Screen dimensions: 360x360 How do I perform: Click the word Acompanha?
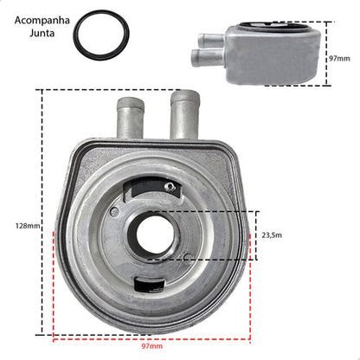click(42, 21)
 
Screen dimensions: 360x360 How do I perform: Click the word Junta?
click(42, 33)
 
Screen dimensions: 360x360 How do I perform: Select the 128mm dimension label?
click(28, 226)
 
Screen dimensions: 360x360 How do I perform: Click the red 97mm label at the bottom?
click(151, 346)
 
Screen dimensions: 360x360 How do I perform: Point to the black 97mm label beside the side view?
click(339, 59)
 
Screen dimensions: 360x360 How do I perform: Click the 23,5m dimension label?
click(272, 235)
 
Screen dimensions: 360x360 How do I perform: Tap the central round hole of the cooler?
click(155, 235)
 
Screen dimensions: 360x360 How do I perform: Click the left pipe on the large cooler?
click(131, 118)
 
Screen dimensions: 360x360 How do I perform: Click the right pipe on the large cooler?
click(184, 115)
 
